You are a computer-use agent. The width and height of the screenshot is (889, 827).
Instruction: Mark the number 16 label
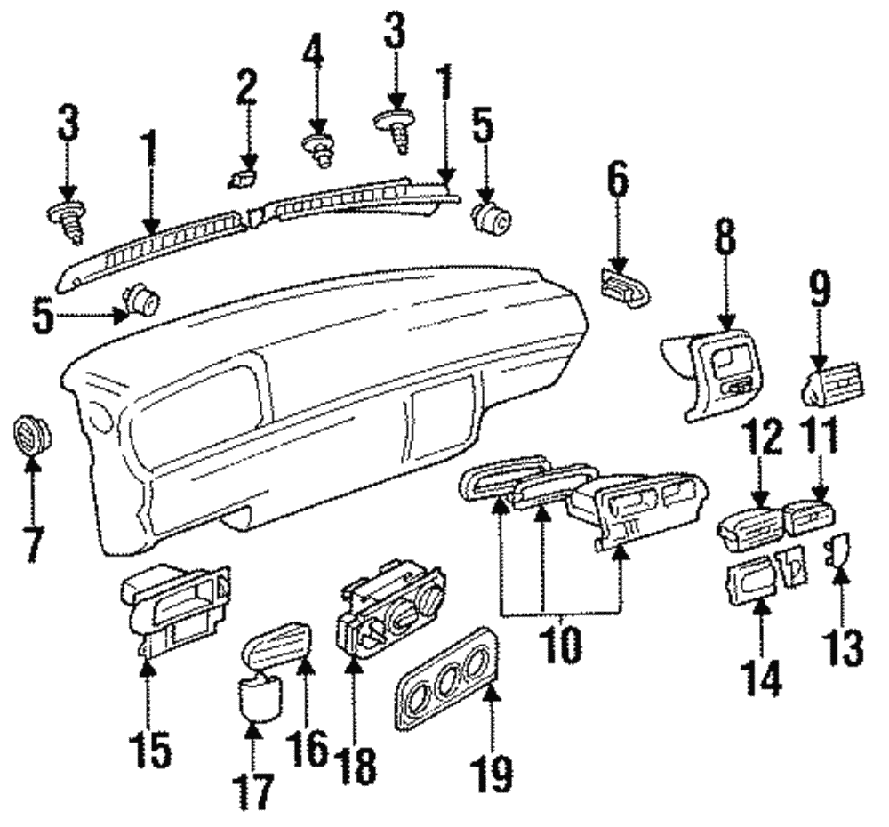[308, 751]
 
